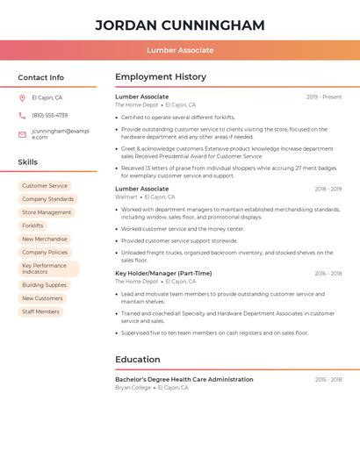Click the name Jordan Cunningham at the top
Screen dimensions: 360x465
[x=179, y=25]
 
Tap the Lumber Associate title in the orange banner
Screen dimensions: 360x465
[x=179, y=50]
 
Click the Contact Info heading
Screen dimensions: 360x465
[x=40, y=77]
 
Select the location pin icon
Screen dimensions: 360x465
[x=22, y=97]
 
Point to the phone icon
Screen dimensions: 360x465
[x=22, y=115]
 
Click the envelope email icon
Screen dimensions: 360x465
[x=22, y=134]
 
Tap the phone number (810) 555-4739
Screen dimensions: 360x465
[x=49, y=115]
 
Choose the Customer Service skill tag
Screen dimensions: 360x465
[x=45, y=186]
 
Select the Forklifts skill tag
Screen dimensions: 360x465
[x=32, y=225]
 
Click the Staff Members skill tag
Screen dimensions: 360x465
[x=40, y=311]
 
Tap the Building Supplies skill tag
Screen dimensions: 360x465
[x=44, y=285]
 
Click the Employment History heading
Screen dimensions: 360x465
[x=160, y=77]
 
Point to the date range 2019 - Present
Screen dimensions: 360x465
[x=324, y=97]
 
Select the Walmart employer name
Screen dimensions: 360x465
[x=126, y=197]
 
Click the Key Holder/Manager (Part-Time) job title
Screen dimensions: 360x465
[x=163, y=273]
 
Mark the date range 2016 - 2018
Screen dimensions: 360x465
[x=328, y=274]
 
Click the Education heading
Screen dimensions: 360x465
[x=138, y=359]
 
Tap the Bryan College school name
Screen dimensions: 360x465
[x=133, y=387]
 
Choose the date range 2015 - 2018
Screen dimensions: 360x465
[x=328, y=380]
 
